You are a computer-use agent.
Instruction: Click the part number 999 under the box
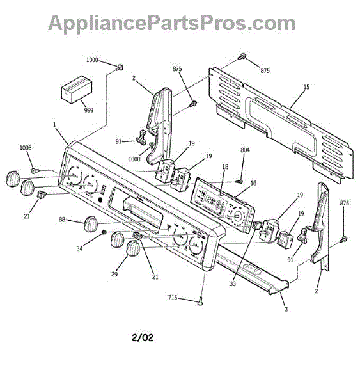point(89,110)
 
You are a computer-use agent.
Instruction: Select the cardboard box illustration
point(77,90)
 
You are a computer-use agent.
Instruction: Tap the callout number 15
point(306,87)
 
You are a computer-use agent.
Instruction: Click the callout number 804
point(245,150)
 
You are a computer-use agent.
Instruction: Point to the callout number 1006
point(26,148)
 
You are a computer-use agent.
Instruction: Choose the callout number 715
point(173,298)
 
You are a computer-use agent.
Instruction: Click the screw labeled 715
point(201,301)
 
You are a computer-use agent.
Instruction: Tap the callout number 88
point(62,220)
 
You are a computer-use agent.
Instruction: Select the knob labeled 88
point(91,223)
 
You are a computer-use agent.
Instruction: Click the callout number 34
point(79,248)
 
